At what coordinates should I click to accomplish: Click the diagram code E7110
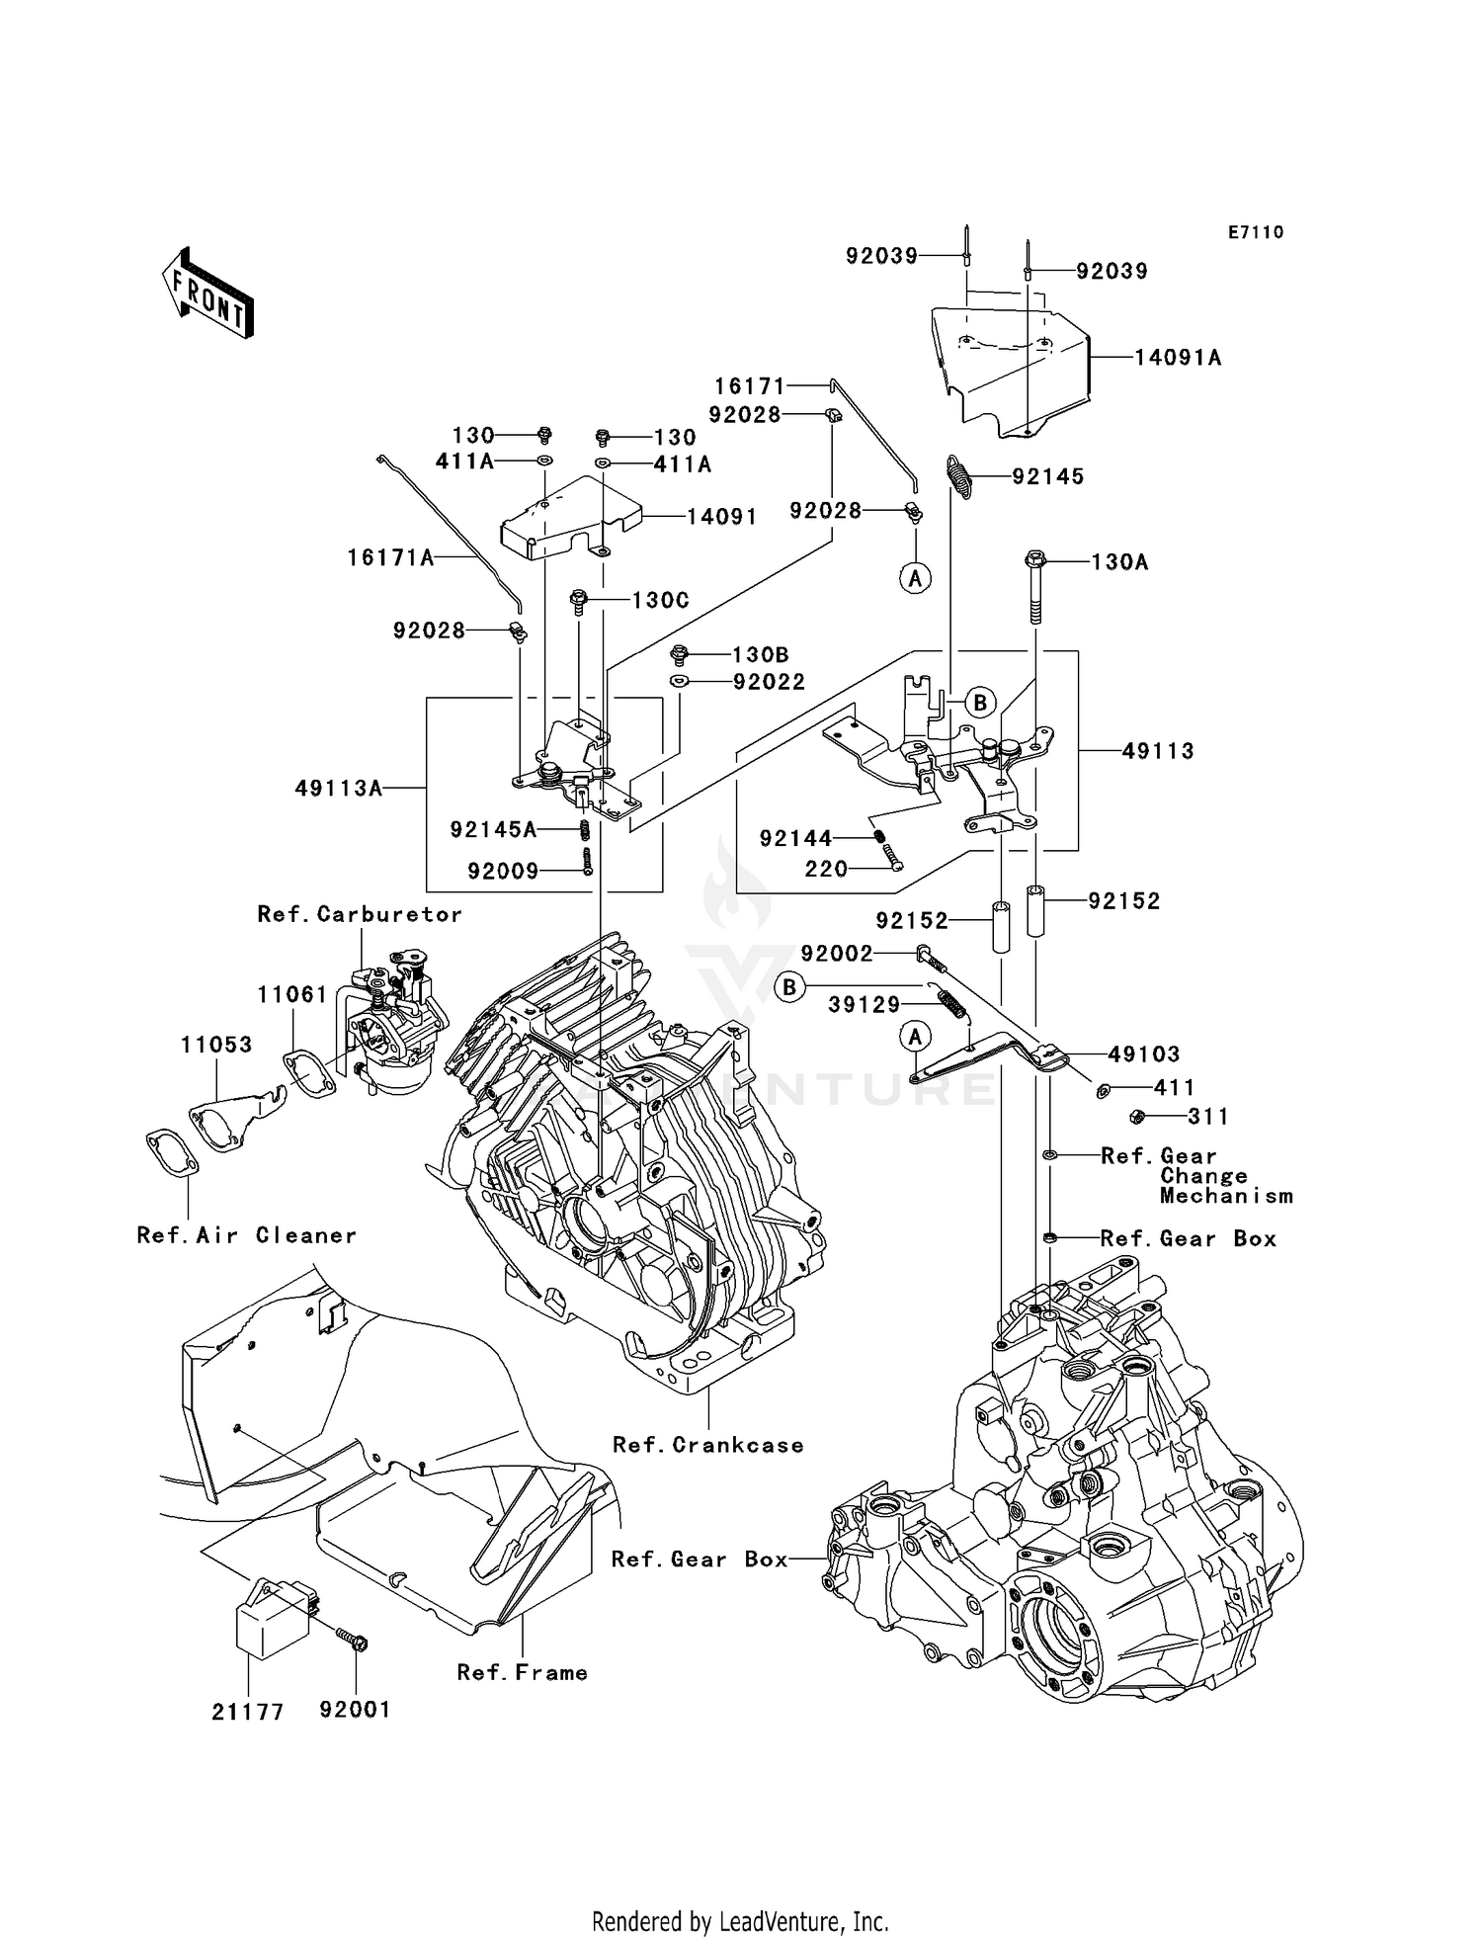click(x=1256, y=232)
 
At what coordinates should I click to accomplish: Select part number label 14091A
click(x=1178, y=358)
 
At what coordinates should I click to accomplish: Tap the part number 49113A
click(x=339, y=788)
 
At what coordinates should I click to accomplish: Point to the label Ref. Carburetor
click(x=360, y=914)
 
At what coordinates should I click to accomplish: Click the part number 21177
click(x=248, y=1713)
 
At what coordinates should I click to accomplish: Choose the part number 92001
click(x=355, y=1710)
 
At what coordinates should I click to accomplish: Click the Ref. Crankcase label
click(x=708, y=1445)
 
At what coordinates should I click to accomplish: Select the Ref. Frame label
click(x=523, y=1672)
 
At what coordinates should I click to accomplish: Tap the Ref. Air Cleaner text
click(x=247, y=1235)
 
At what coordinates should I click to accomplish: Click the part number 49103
click(x=1144, y=1054)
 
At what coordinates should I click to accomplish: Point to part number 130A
click(x=1120, y=562)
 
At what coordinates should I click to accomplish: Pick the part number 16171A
click(x=391, y=558)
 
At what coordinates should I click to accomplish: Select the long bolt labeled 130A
click(x=1035, y=586)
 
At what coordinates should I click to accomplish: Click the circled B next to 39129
click(x=789, y=987)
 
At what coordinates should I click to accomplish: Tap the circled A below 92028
click(x=916, y=577)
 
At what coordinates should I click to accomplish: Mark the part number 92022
click(x=769, y=682)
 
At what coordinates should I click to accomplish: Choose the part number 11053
click(x=216, y=1045)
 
